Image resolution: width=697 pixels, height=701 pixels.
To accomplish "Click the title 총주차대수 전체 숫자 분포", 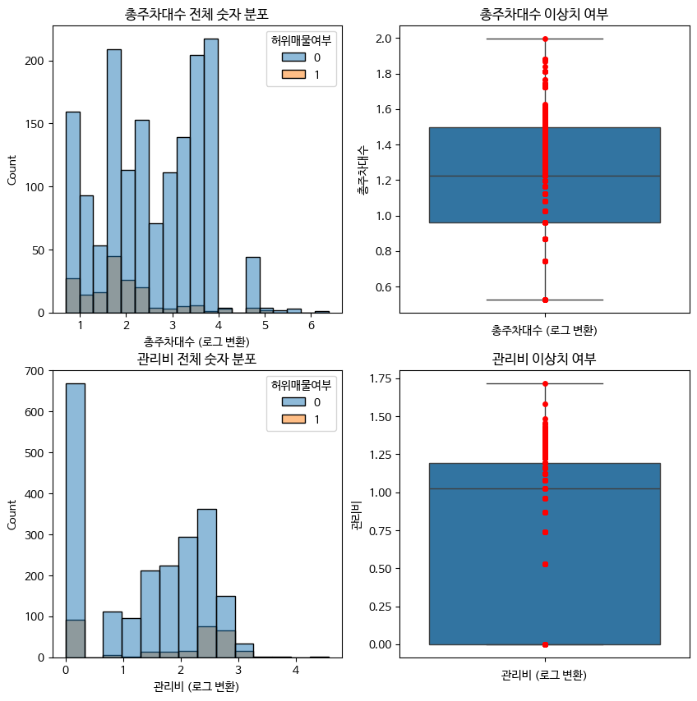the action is coord(196,14).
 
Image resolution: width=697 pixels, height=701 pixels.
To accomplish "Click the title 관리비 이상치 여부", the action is coord(544,359).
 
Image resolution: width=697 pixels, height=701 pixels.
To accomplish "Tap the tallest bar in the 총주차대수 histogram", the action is coord(211,176).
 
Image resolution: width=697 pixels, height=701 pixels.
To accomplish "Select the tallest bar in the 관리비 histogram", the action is coord(75,520).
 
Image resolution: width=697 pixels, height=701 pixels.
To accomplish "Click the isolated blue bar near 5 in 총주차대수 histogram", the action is coord(253,285).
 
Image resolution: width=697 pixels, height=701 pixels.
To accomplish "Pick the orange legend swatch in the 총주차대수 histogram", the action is coord(293,74).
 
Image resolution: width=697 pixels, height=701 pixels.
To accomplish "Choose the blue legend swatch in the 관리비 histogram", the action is coord(293,401).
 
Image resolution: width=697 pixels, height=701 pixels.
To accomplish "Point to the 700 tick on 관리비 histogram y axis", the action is coord(35,371).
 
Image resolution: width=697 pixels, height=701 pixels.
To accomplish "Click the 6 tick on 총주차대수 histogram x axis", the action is coord(312,325).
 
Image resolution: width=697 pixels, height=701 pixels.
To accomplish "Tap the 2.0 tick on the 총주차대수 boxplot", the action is coord(384,39).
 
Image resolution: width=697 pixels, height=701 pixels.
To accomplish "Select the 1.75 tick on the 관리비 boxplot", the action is coord(381,379).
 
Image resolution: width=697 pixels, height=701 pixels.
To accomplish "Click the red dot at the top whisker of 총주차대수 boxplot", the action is coord(545,39).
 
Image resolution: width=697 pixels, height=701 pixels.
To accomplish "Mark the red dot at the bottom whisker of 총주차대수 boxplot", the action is coord(545,300).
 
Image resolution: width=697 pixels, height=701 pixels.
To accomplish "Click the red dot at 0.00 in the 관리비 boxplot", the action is coord(545,644).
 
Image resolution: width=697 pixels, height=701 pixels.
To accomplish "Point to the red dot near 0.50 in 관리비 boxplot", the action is coord(545,564).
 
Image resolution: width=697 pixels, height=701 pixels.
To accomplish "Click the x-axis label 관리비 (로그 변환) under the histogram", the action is coord(196,686).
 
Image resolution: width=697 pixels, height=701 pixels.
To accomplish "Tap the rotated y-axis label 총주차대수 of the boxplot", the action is coord(362,169).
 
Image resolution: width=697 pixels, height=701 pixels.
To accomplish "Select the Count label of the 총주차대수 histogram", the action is coord(12,170).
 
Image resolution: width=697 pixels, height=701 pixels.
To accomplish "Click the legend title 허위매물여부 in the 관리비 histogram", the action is coord(302,385).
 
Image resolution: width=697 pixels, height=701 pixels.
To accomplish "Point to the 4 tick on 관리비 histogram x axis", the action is coord(295,670).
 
